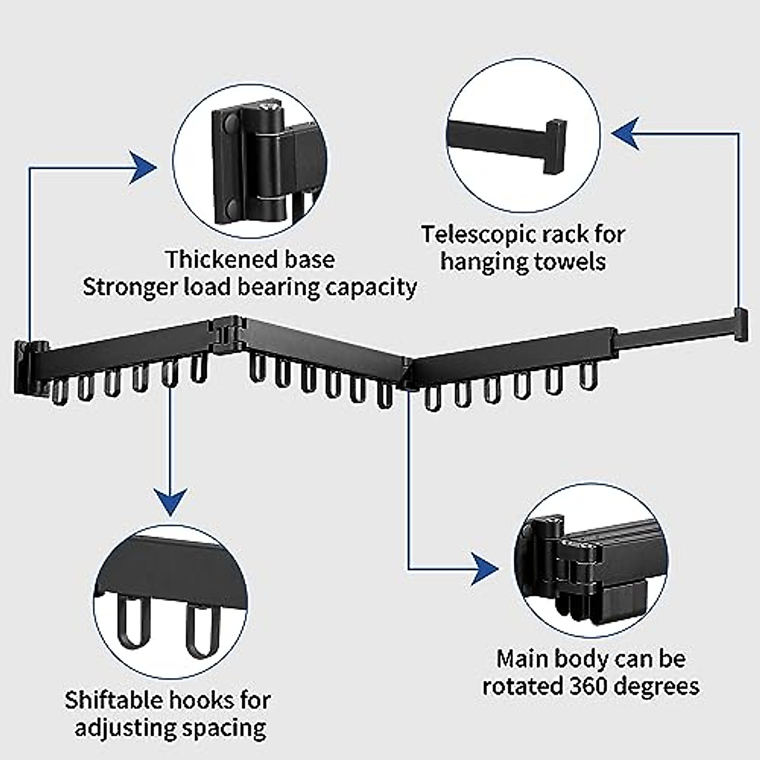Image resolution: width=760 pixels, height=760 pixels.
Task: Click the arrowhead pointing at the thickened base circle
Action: (144, 168)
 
